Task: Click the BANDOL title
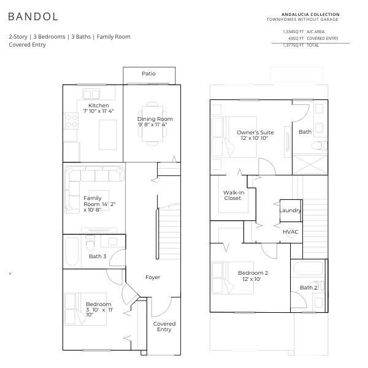click(x=33, y=17)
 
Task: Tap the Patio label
click(x=148, y=74)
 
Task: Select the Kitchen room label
click(x=99, y=105)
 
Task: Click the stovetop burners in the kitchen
click(x=71, y=121)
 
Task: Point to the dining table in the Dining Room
click(x=153, y=124)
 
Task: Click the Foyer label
click(x=153, y=277)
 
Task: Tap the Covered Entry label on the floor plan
click(x=164, y=326)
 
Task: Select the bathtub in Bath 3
click(x=72, y=251)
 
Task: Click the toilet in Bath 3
click(x=90, y=243)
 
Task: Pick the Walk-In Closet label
click(x=233, y=195)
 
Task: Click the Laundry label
click(x=290, y=210)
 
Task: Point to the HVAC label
click(x=291, y=232)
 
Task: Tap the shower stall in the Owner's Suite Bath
click(x=310, y=164)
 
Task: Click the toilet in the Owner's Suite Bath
click(x=319, y=145)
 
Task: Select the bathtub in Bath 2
click(x=308, y=268)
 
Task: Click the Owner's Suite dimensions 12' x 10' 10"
click(x=255, y=138)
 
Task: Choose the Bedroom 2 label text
click(x=253, y=273)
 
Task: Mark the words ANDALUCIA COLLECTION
click(x=310, y=15)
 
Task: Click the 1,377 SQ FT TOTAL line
click(x=301, y=45)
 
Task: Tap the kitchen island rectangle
click(x=108, y=135)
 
